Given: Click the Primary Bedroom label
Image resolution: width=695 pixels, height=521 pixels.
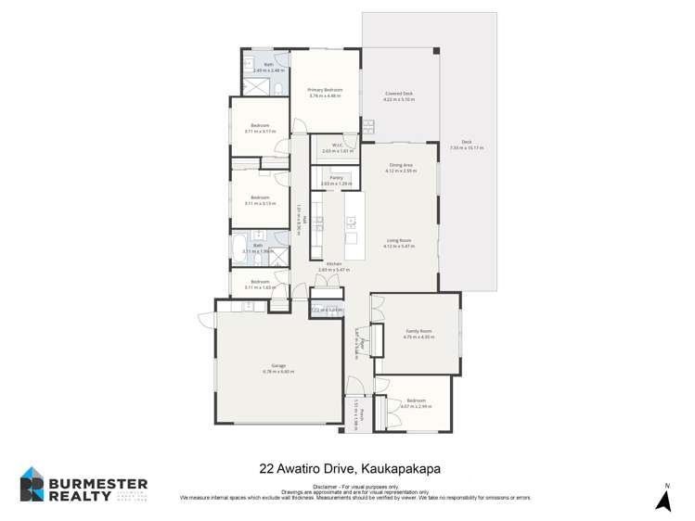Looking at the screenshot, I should click(325, 90).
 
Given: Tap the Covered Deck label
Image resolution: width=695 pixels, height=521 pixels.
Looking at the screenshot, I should click(399, 94).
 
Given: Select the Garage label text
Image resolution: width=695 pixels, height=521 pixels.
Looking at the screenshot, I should click(278, 365).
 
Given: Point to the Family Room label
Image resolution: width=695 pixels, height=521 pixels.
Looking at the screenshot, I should click(419, 331).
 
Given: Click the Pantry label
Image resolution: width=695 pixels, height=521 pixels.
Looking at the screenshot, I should click(336, 177).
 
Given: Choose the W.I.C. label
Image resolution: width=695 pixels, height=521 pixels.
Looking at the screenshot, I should click(332, 146).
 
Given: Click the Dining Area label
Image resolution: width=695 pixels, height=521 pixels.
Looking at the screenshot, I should click(401, 165).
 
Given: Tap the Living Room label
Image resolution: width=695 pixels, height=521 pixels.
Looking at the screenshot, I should click(399, 240).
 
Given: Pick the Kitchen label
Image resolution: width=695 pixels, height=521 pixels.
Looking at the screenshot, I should click(334, 263).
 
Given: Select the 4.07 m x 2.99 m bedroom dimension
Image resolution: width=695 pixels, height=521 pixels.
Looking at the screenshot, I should click(416, 406).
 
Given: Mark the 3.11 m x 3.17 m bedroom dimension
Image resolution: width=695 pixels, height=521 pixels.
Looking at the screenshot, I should click(260, 131).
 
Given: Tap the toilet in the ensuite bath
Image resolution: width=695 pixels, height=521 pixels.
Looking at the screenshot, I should click(277, 89).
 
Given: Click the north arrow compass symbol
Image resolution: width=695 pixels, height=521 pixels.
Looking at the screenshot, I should click(664, 500).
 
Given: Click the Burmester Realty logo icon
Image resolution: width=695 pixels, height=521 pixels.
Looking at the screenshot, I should click(32, 484).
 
